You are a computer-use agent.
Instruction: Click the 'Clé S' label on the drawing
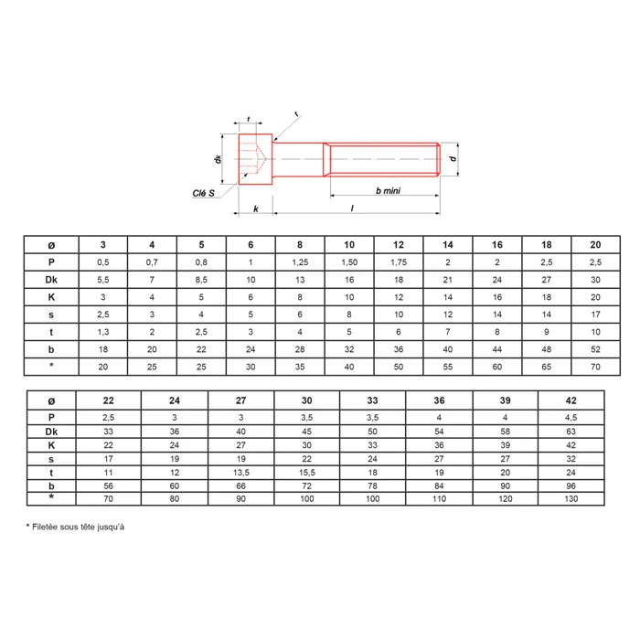203,193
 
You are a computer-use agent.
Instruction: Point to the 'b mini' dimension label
388,190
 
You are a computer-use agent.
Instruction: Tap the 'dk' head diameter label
218,159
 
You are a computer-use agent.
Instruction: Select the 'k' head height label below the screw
256,209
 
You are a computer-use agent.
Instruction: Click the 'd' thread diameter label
453,159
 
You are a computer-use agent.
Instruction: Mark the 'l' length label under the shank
352,208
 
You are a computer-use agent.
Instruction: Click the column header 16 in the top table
496,244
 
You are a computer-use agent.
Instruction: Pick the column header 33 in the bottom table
372,400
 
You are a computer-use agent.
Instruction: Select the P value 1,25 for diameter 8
300,262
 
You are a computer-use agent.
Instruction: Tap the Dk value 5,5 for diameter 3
102,280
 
